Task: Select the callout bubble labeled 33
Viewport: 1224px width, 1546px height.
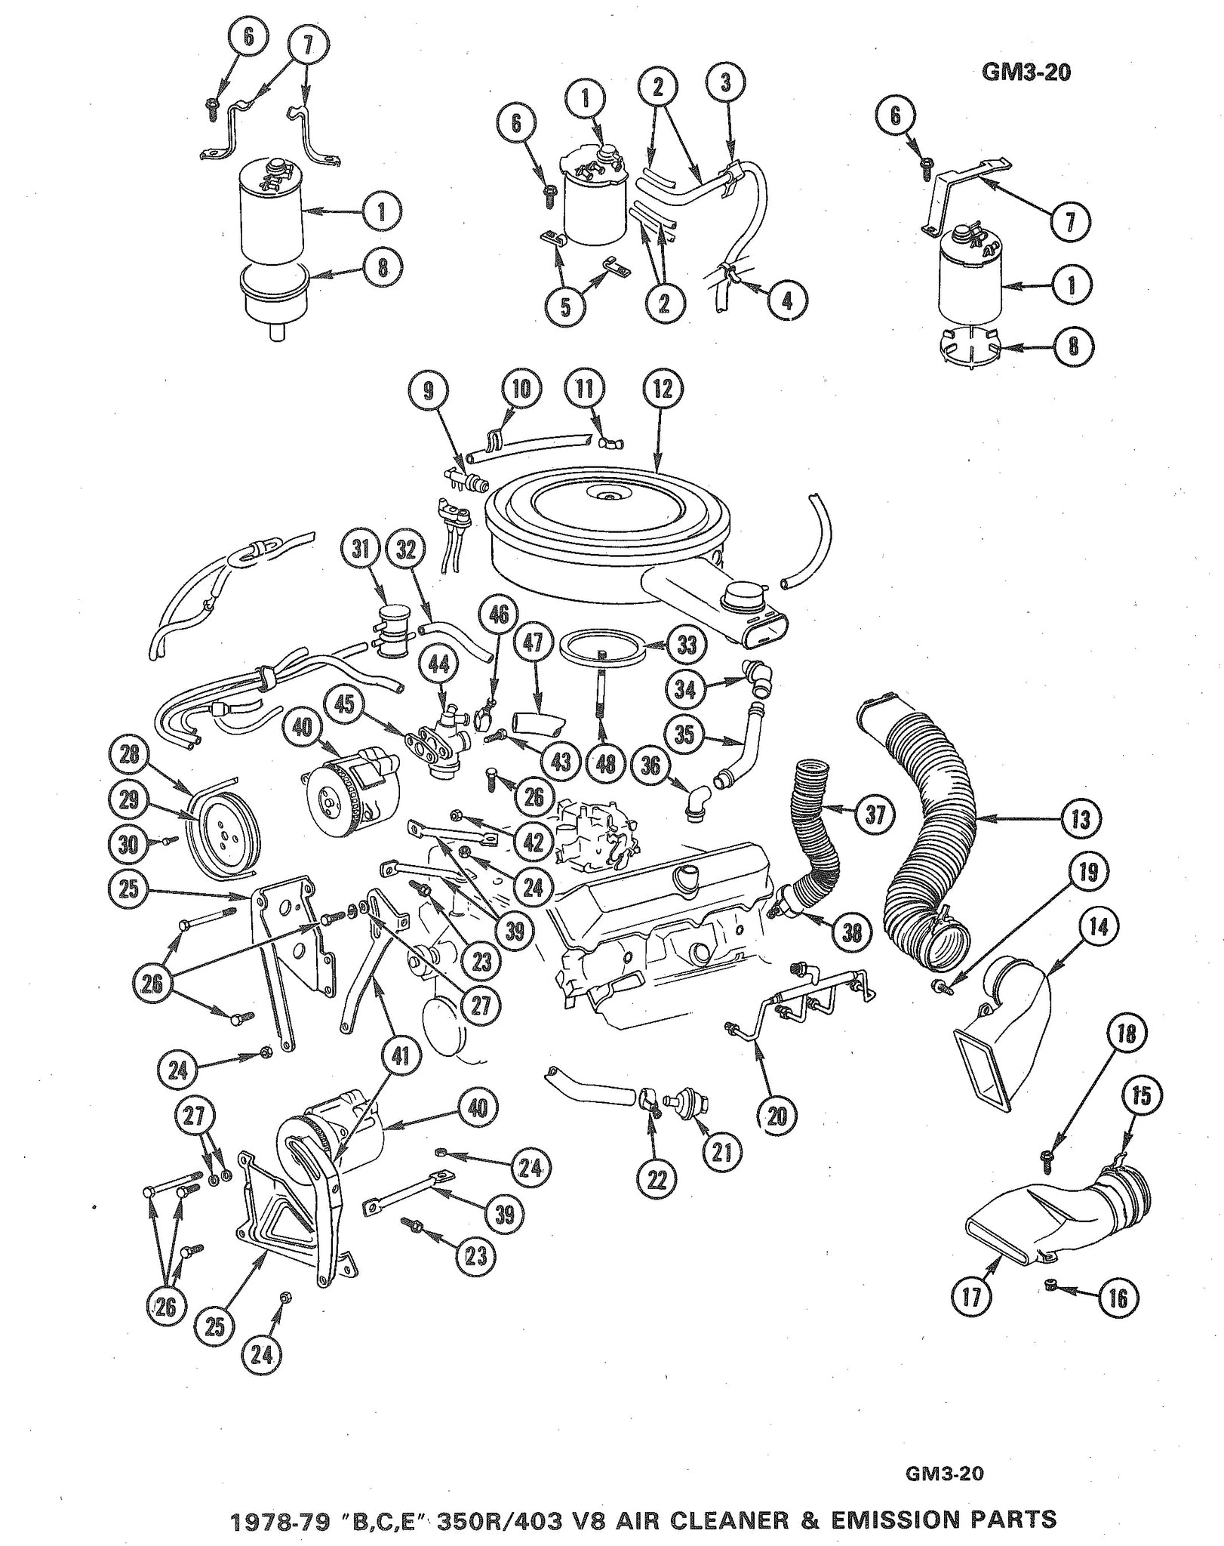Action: [x=686, y=645]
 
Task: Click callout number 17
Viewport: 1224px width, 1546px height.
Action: [x=971, y=1297]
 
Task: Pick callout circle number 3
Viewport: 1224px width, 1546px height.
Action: [x=726, y=82]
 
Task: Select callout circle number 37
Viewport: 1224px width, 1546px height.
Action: [x=874, y=815]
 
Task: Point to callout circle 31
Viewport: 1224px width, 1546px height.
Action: [x=361, y=549]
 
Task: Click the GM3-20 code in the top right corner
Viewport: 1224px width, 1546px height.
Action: [x=1026, y=72]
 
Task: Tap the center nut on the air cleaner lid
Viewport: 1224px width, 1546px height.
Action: [x=608, y=495]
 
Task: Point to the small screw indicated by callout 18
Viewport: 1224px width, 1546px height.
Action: [x=1050, y=1183]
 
